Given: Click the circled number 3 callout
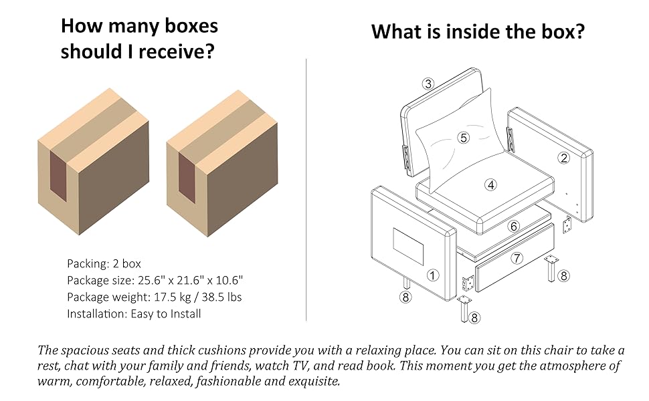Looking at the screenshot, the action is (x=429, y=84).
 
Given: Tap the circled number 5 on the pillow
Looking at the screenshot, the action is (x=463, y=138).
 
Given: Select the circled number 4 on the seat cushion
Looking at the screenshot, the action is (x=492, y=185).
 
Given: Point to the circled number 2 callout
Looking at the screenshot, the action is (x=564, y=158).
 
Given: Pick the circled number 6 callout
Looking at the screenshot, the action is (x=514, y=227).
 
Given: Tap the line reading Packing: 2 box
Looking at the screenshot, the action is (x=104, y=263).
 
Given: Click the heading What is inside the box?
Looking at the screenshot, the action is (x=478, y=31).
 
